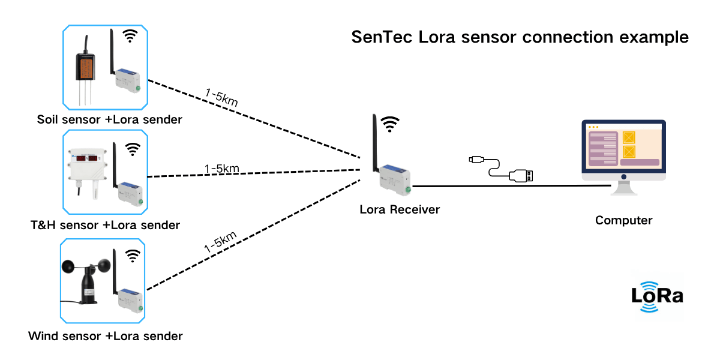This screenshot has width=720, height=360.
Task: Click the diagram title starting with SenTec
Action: pyautogui.click(x=520, y=37)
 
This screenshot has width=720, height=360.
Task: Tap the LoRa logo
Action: pyautogui.click(x=657, y=296)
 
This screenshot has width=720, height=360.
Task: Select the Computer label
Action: pyautogui.click(x=623, y=220)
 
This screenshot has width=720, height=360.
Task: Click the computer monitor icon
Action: pyautogui.click(x=623, y=153)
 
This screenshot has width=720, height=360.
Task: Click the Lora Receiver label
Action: pyautogui.click(x=400, y=209)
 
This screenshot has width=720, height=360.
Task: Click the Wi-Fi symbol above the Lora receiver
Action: pyautogui.click(x=391, y=124)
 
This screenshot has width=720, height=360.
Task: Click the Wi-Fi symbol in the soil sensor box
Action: pyautogui.click(x=130, y=37)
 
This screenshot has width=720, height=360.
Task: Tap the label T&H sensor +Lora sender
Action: pyautogui.click(x=105, y=226)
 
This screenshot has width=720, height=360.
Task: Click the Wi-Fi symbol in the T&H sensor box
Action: pyautogui.click(x=132, y=148)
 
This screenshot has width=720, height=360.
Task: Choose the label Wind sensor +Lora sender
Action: pyautogui.click(x=105, y=335)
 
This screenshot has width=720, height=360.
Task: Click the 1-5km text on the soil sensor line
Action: pyautogui.click(x=221, y=98)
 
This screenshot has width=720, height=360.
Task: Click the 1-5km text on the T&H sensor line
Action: pyautogui.click(x=222, y=169)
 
